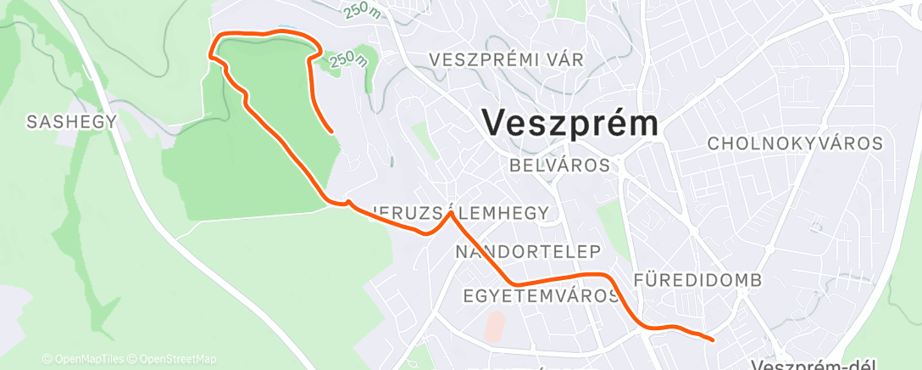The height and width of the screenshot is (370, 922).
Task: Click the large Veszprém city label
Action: [570, 124]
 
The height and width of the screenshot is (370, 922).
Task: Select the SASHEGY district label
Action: [71, 122]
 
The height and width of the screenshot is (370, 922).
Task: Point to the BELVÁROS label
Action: [559, 165]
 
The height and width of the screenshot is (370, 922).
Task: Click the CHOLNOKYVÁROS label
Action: [795, 143]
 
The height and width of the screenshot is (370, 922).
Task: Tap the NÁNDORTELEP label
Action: [528, 252]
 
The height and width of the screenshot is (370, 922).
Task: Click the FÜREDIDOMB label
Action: [697, 280]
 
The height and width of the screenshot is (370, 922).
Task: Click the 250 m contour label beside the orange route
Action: [348, 59]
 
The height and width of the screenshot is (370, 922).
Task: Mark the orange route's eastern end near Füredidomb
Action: [713, 339]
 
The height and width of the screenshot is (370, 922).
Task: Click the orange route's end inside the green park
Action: [330, 132]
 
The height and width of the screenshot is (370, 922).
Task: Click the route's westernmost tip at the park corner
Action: [210, 55]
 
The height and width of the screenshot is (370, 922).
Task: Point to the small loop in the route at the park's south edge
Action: [347, 202]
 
